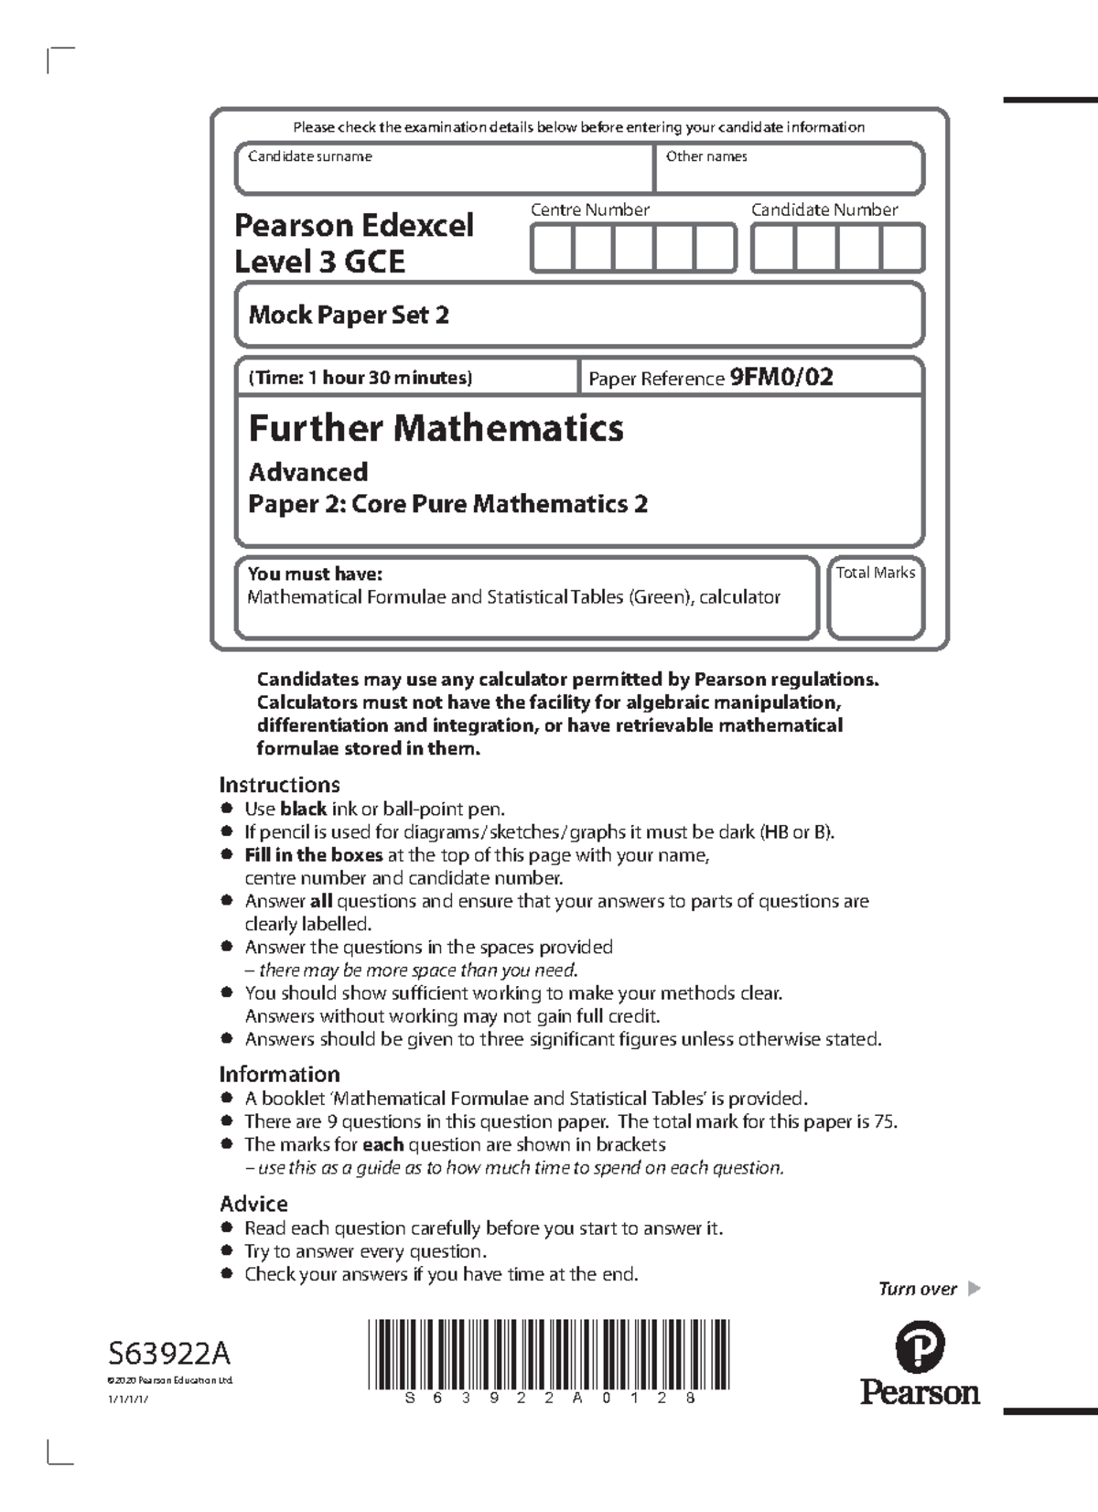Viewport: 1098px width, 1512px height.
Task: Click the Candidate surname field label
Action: pyautogui.click(x=309, y=156)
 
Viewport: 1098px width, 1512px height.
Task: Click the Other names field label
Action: pyautogui.click(x=705, y=156)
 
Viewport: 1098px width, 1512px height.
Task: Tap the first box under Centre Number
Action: pyautogui.click(x=552, y=249)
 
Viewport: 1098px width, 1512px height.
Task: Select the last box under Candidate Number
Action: pyautogui.click(x=902, y=249)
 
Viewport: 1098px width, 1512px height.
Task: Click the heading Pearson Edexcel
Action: pyautogui.click(x=354, y=225)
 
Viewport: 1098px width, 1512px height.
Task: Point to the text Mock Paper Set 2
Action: pyautogui.click(x=349, y=316)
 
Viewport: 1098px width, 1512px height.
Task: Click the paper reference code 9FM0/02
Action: pyautogui.click(x=780, y=377)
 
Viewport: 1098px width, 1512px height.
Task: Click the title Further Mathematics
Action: pyautogui.click(x=436, y=427)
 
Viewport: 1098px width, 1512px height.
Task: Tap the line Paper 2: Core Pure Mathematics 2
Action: pyautogui.click(x=448, y=504)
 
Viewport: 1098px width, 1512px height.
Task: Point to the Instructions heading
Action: pyautogui.click(x=279, y=785)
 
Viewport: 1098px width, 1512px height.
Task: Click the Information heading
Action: pyautogui.click(x=279, y=1074)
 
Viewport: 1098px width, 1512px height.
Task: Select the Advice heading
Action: pyautogui.click(x=253, y=1204)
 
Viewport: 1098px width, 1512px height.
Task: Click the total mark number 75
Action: pyautogui.click(x=885, y=1121)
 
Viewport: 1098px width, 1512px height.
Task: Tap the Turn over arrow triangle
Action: pyautogui.click(x=974, y=1289)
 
